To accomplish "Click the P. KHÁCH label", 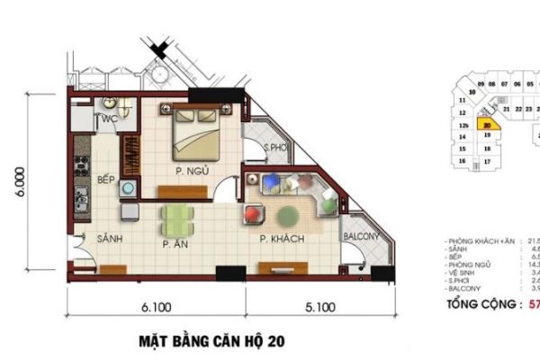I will coord(281,239).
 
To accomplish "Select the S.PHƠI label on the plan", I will coord(275,148).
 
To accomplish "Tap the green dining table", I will coord(176,217).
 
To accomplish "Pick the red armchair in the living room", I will coord(252,216).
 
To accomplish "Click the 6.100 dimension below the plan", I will coord(156,308).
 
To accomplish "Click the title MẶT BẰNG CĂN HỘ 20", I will coord(206,341).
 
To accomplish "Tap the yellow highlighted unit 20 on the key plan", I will coord(486,126).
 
